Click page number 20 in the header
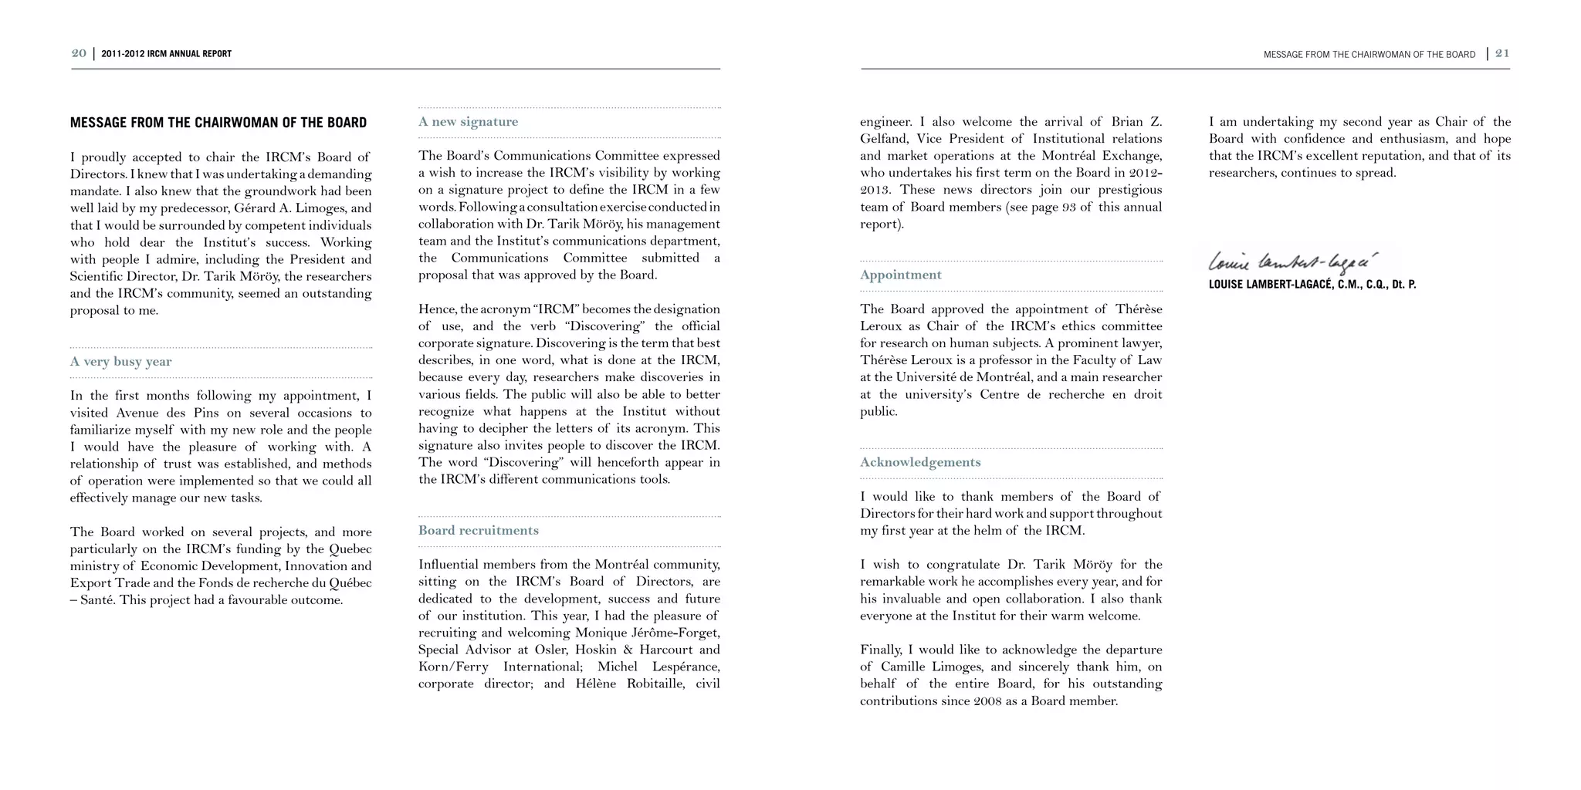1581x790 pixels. click(79, 53)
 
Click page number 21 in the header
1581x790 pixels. click(1502, 53)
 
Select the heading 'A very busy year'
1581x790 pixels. click(121, 362)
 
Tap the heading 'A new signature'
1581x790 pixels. click(469, 122)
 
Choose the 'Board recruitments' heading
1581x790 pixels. click(479, 531)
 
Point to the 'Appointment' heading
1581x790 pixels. click(901, 275)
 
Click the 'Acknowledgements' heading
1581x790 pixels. click(920, 463)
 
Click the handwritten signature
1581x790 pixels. click(1293, 262)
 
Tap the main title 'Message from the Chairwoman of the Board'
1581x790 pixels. click(218, 123)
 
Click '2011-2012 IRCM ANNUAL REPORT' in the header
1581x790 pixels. click(166, 54)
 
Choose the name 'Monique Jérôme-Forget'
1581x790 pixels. click(648, 633)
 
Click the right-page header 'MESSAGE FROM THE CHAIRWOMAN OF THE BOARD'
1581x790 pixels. click(1369, 55)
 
